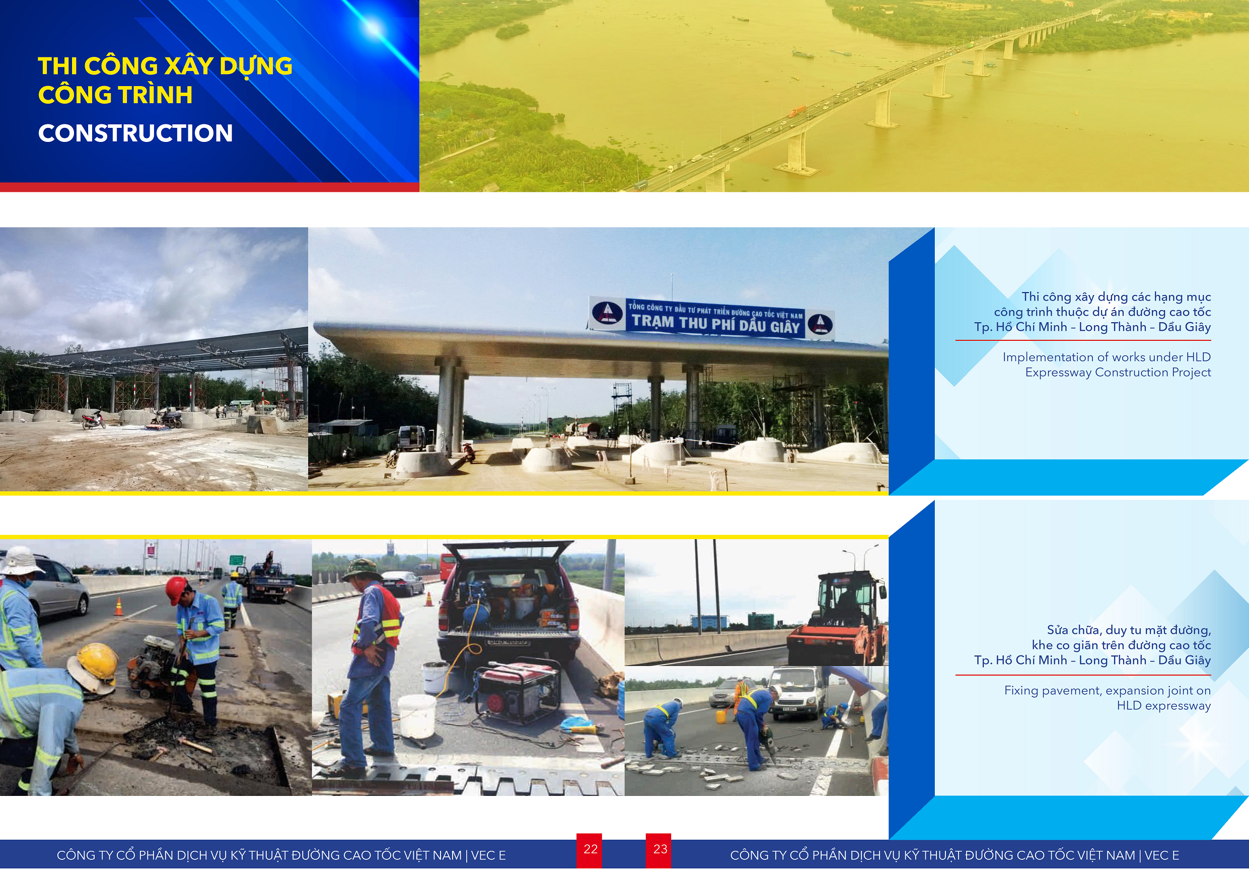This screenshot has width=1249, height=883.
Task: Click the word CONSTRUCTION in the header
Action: [x=135, y=133]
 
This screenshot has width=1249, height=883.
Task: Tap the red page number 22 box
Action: [x=590, y=850]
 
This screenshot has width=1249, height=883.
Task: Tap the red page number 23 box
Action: [x=659, y=850]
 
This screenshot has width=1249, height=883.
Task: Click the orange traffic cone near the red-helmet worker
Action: [x=119, y=607]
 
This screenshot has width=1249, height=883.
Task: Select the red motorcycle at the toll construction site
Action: [x=93, y=419]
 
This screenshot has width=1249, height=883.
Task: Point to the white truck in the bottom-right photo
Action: [x=797, y=693]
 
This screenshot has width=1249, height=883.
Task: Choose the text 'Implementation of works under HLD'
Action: [x=1107, y=357]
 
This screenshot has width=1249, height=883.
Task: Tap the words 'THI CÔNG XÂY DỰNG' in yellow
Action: [x=165, y=66]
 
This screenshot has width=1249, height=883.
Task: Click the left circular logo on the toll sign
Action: [x=607, y=313]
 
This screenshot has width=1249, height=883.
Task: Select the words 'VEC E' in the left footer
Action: [x=488, y=855]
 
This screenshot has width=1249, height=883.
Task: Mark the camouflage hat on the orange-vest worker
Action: [x=360, y=569]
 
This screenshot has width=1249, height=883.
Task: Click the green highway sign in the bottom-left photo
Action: [x=237, y=560]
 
